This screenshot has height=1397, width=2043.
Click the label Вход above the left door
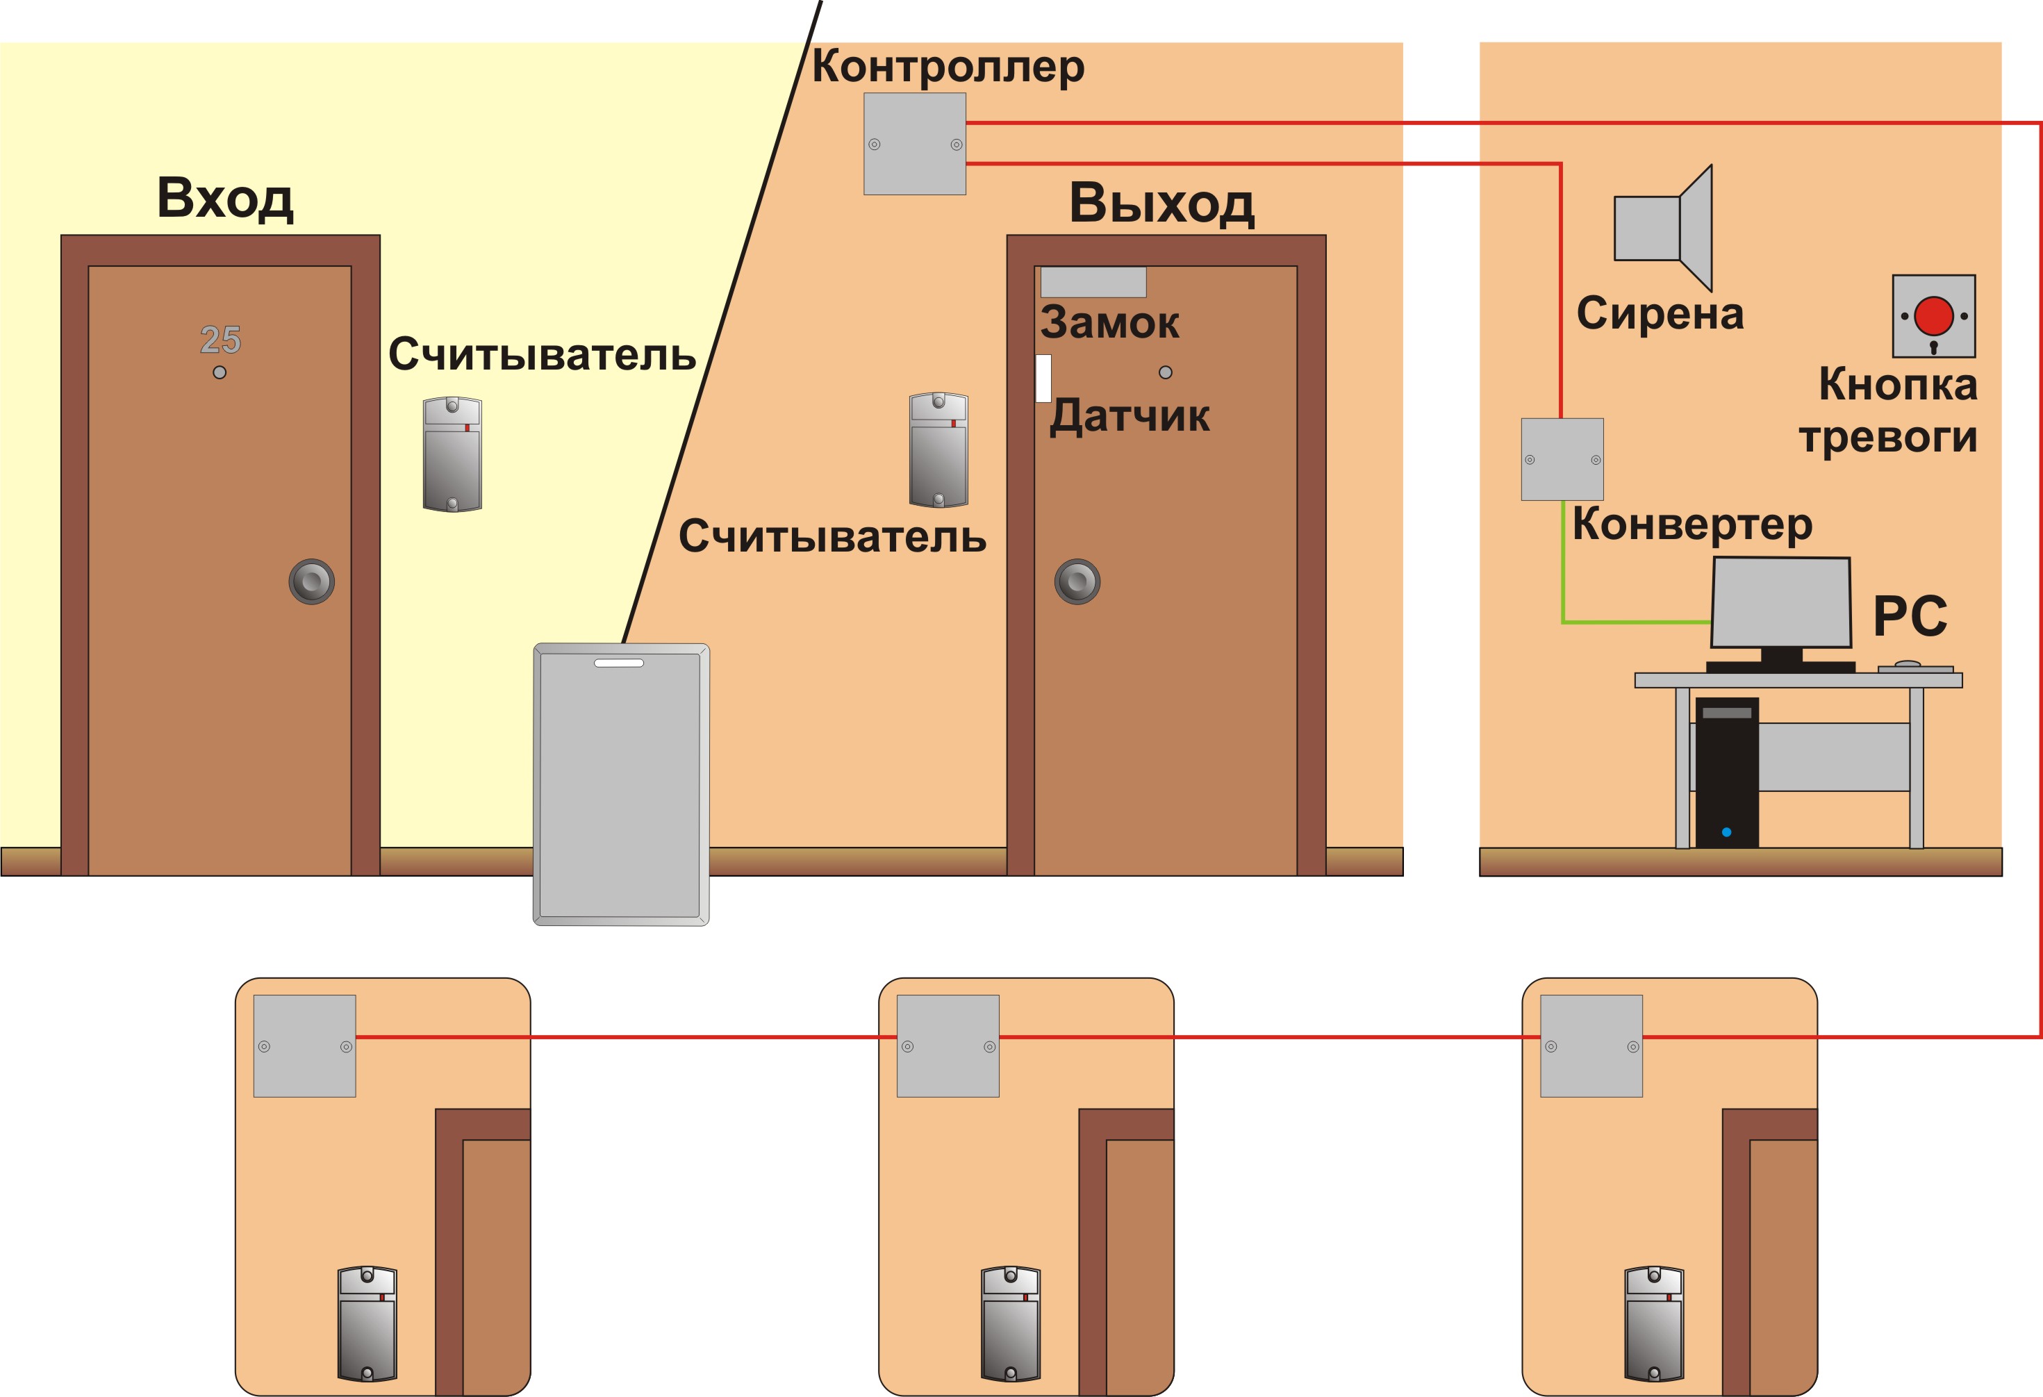click(x=225, y=199)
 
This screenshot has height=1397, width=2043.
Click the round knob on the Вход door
click(x=312, y=581)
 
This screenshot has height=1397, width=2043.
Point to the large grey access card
click(x=622, y=784)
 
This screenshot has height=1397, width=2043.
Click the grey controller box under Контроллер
click(x=915, y=144)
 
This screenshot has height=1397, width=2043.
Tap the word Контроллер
click(x=948, y=67)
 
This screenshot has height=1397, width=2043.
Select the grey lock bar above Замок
click(x=1093, y=282)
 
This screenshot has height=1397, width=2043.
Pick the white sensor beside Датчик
click(x=1043, y=378)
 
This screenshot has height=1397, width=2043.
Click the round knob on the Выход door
click(x=1077, y=581)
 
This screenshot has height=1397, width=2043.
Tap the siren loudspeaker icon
click(x=1663, y=228)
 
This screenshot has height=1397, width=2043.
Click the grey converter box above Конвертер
click(x=1562, y=459)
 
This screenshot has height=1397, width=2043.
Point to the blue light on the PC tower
click(x=1726, y=832)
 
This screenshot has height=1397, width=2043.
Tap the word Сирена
click(x=1660, y=313)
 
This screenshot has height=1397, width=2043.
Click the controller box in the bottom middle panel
click(x=948, y=1045)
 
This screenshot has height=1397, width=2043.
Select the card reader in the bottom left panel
click(x=367, y=1323)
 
